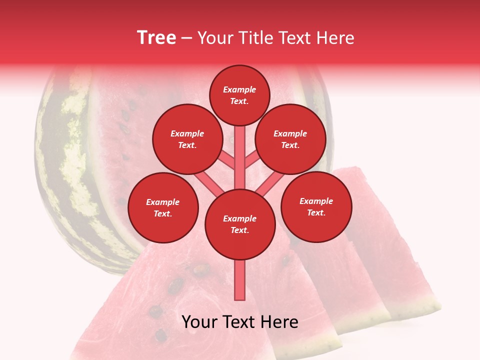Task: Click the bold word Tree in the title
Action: pos(156,37)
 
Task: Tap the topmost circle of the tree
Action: pos(239,95)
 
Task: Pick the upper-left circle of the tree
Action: pos(187,139)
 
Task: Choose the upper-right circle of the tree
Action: pos(290,139)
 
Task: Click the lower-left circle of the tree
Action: pos(163,207)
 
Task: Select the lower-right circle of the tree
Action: pos(316,206)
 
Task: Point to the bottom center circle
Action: pos(240,224)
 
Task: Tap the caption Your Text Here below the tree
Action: pos(240,322)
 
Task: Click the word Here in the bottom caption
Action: pos(279,322)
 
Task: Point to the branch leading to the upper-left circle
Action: pos(225,159)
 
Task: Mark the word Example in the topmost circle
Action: pos(239,90)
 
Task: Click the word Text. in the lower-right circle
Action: pos(316,212)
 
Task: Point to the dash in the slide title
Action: pos(186,38)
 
